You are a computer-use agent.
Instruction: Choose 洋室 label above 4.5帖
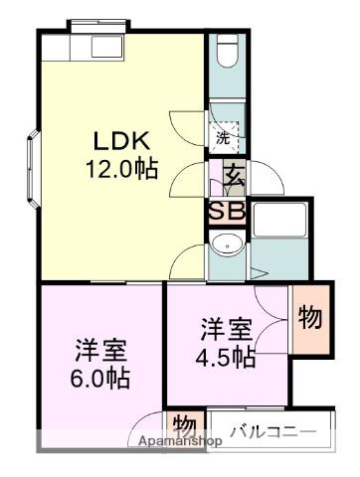224,328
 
